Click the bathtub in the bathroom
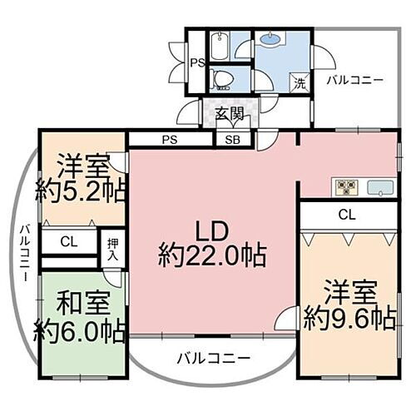click(x=219, y=46)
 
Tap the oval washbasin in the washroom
click(x=271, y=38)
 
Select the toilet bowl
click(x=222, y=80)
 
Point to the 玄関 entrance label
click(x=229, y=114)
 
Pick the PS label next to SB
click(x=170, y=140)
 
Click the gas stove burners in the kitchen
click(x=345, y=187)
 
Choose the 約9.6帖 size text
click(x=349, y=317)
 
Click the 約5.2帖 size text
click(x=81, y=192)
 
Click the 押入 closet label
click(x=112, y=250)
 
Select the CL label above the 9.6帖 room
click(x=347, y=215)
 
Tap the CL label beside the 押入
click(x=68, y=243)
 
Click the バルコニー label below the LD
click(x=212, y=359)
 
